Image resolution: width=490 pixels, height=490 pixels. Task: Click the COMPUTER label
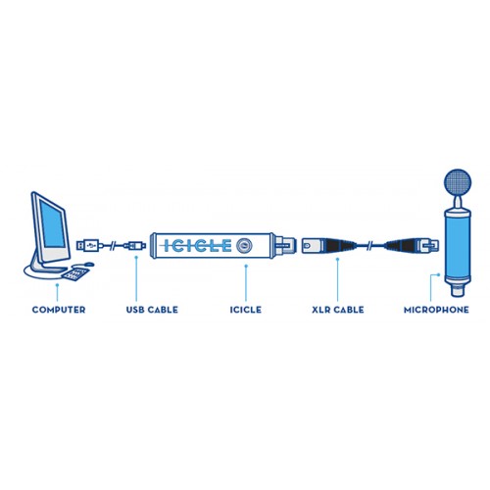(x=59, y=310)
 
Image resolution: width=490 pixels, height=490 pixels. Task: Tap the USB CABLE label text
(x=152, y=310)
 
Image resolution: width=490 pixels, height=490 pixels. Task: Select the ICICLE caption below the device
(x=246, y=310)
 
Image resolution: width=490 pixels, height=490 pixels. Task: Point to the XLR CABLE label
(x=338, y=310)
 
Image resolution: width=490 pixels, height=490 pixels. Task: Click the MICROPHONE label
(x=436, y=310)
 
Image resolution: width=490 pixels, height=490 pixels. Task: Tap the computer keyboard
(x=75, y=274)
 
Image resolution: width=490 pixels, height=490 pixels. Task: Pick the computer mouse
(x=89, y=264)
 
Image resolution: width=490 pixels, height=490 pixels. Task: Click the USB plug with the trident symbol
(x=88, y=245)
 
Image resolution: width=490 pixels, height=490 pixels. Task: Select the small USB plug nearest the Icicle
(x=135, y=245)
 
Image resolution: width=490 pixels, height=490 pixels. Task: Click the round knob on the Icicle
(x=244, y=246)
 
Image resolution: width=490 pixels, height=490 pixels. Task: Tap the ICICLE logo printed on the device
(x=197, y=246)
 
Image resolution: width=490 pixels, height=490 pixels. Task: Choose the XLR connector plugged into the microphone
(x=413, y=246)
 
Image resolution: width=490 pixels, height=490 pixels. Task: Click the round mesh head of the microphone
(x=458, y=183)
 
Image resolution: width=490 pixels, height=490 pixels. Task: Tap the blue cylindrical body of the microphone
(x=458, y=245)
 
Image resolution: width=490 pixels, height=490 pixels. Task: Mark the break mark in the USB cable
(x=114, y=245)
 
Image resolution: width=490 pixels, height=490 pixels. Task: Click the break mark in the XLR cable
(x=370, y=245)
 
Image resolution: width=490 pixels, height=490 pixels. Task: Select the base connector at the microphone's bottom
(x=458, y=290)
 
